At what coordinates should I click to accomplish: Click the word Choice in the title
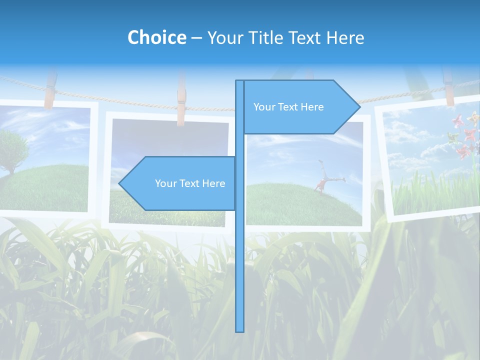click(x=156, y=37)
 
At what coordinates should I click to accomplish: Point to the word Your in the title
click(x=224, y=37)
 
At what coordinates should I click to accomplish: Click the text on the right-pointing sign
click(x=288, y=107)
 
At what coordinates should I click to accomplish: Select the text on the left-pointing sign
click(x=190, y=183)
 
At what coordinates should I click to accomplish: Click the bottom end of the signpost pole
click(x=239, y=330)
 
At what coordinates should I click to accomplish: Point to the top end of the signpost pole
click(x=239, y=82)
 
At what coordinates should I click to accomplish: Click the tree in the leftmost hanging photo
click(x=11, y=150)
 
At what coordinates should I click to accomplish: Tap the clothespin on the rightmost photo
click(x=448, y=87)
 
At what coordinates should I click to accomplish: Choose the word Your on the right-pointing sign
click(x=263, y=107)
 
